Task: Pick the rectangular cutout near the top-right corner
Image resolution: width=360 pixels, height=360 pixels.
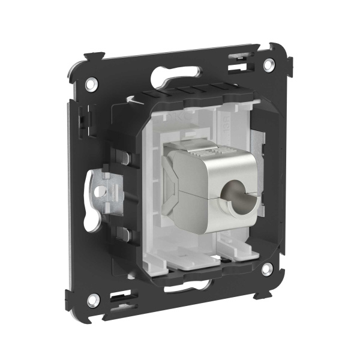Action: (x=239, y=59)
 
